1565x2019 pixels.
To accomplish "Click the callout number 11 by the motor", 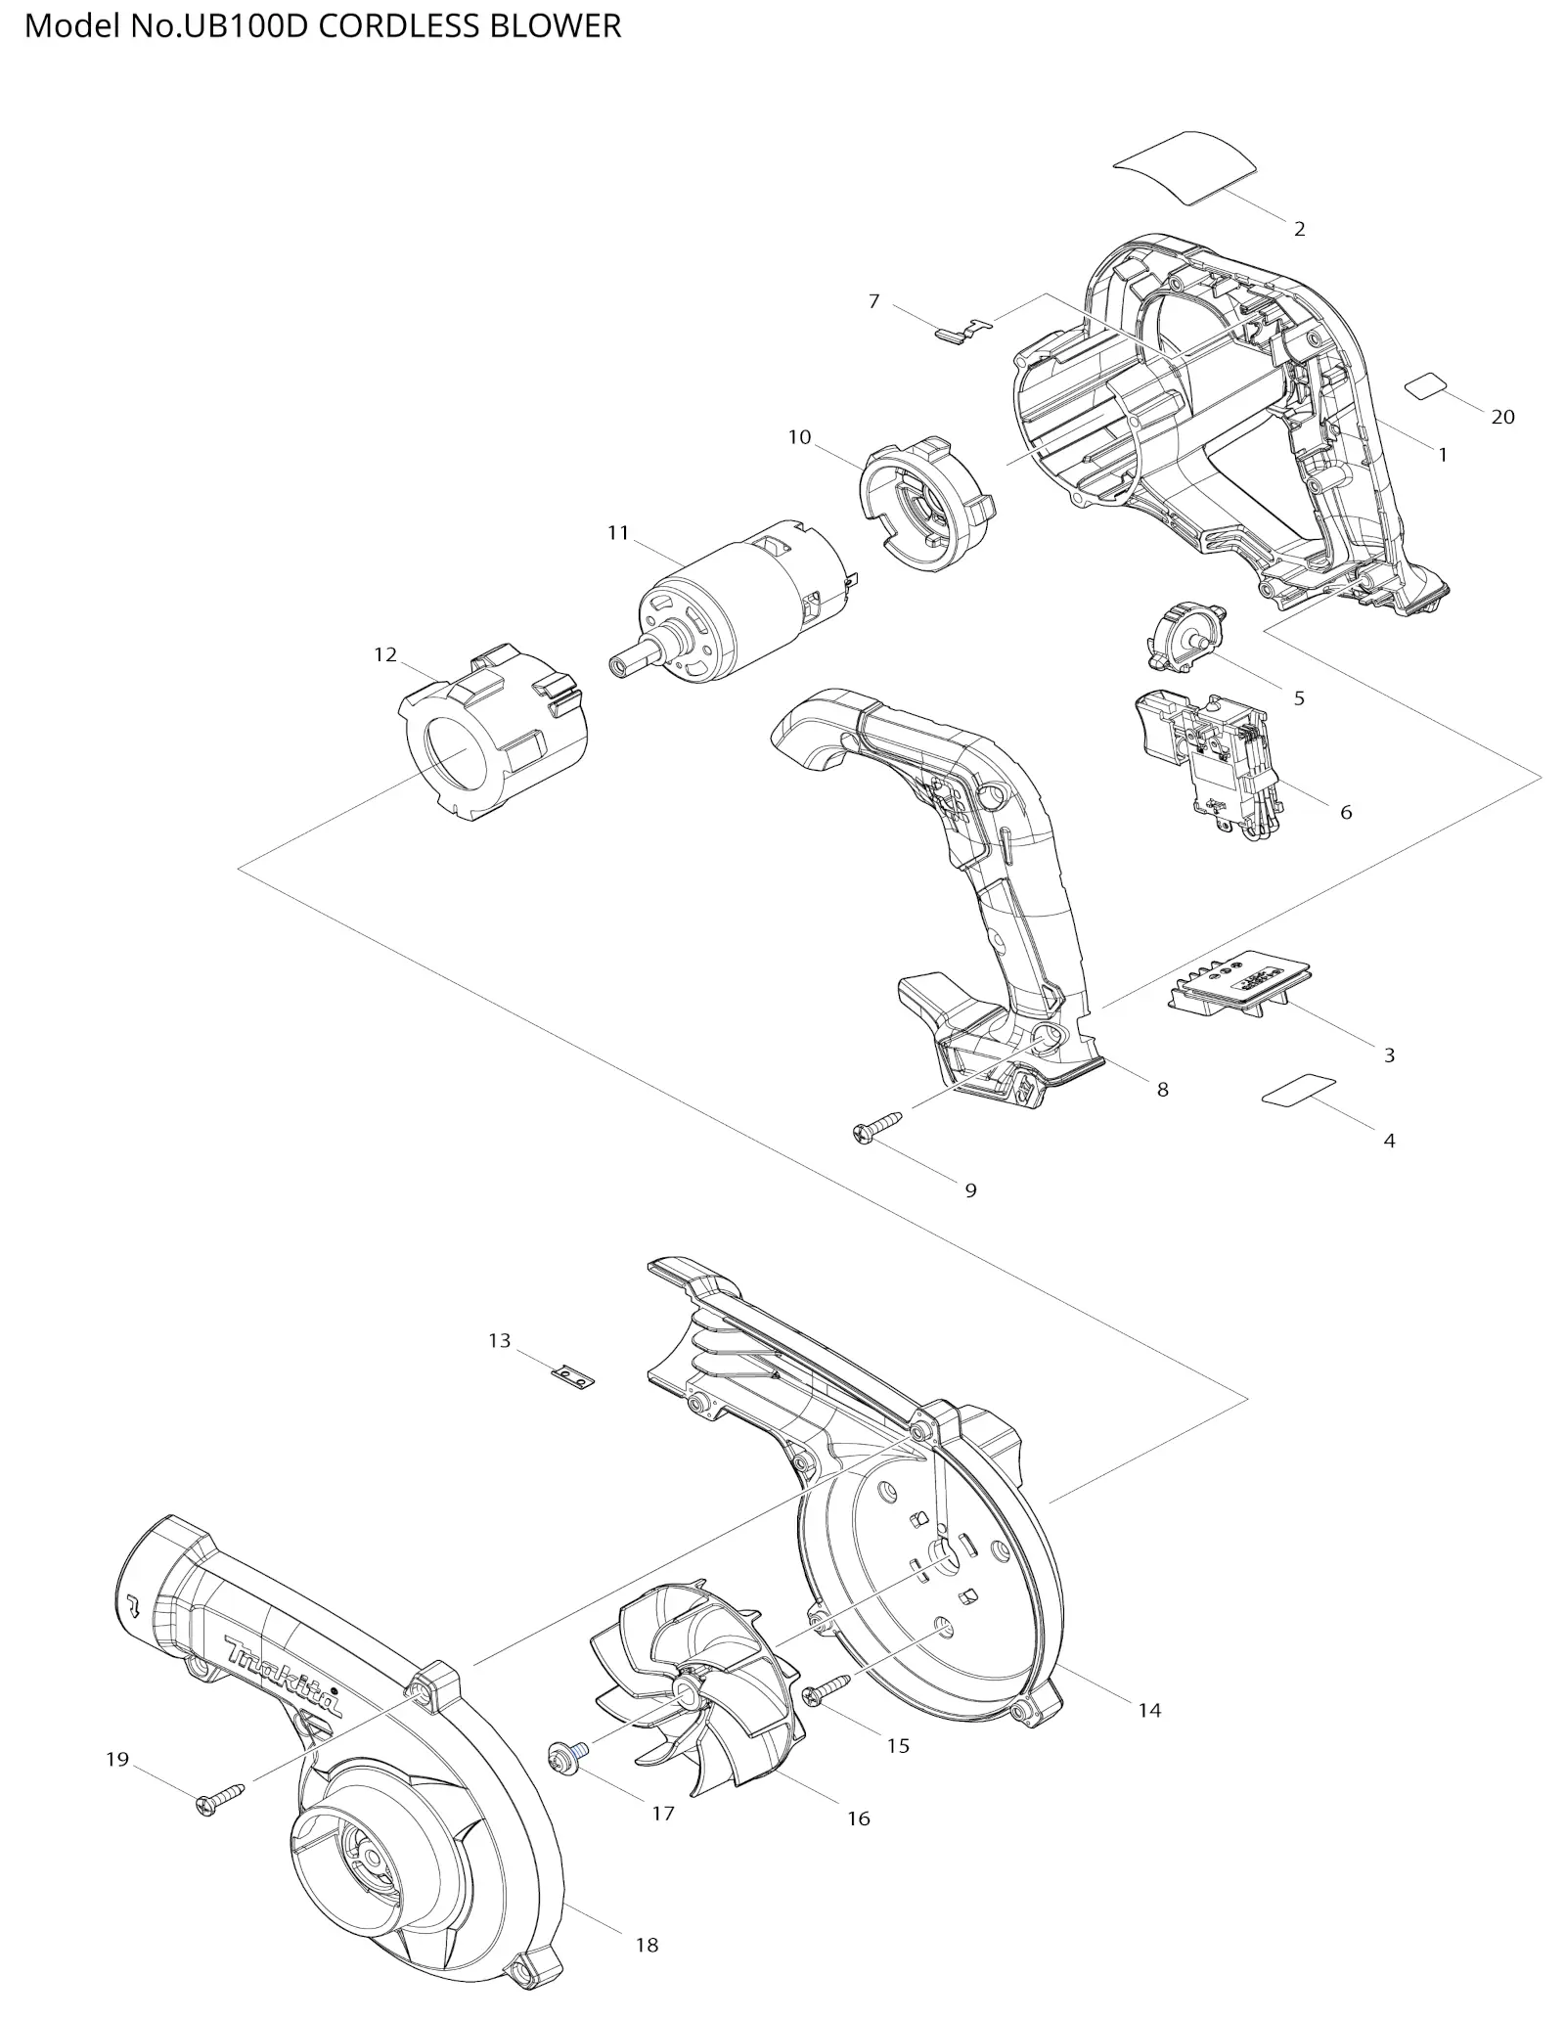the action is click(x=617, y=533).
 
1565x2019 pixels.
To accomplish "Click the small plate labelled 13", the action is click(x=573, y=1377).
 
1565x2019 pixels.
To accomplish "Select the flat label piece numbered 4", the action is click(x=1299, y=1090).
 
